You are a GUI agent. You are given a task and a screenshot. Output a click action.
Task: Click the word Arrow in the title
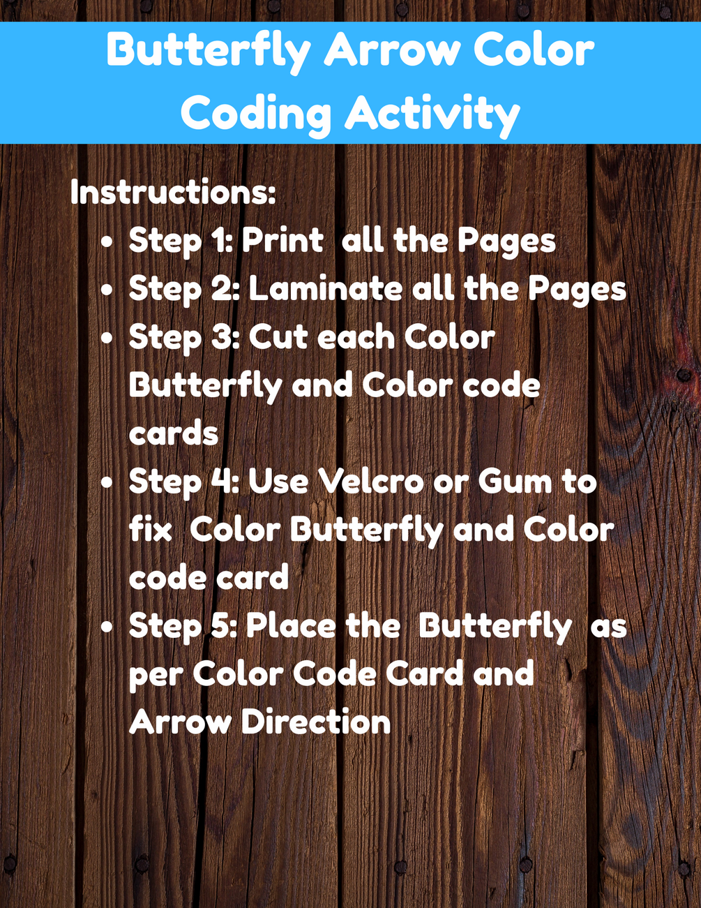pyautogui.click(x=392, y=51)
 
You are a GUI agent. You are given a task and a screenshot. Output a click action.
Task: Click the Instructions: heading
pyautogui.click(x=173, y=192)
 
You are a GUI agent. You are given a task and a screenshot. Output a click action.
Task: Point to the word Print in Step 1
pyautogui.click(x=282, y=240)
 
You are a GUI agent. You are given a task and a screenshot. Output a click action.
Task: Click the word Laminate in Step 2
pyautogui.click(x=326, y=289)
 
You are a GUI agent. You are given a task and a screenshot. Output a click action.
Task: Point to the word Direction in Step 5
pyautogui.click(x=316, y=722)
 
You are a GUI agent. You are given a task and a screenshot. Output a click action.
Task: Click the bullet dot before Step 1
pyautogui.click(x=107, y=242)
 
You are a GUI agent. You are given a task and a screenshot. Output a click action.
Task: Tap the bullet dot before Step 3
pyautogui.click(x=107, y=339)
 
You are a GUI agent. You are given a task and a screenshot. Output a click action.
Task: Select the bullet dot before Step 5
pyautogui.click(x=107, y=628)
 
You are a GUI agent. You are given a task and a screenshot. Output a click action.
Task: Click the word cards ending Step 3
pyautogui.click(x=174, y=433)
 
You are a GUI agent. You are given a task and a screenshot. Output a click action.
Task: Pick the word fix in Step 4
pyautogui.click(x=150, y=530)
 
